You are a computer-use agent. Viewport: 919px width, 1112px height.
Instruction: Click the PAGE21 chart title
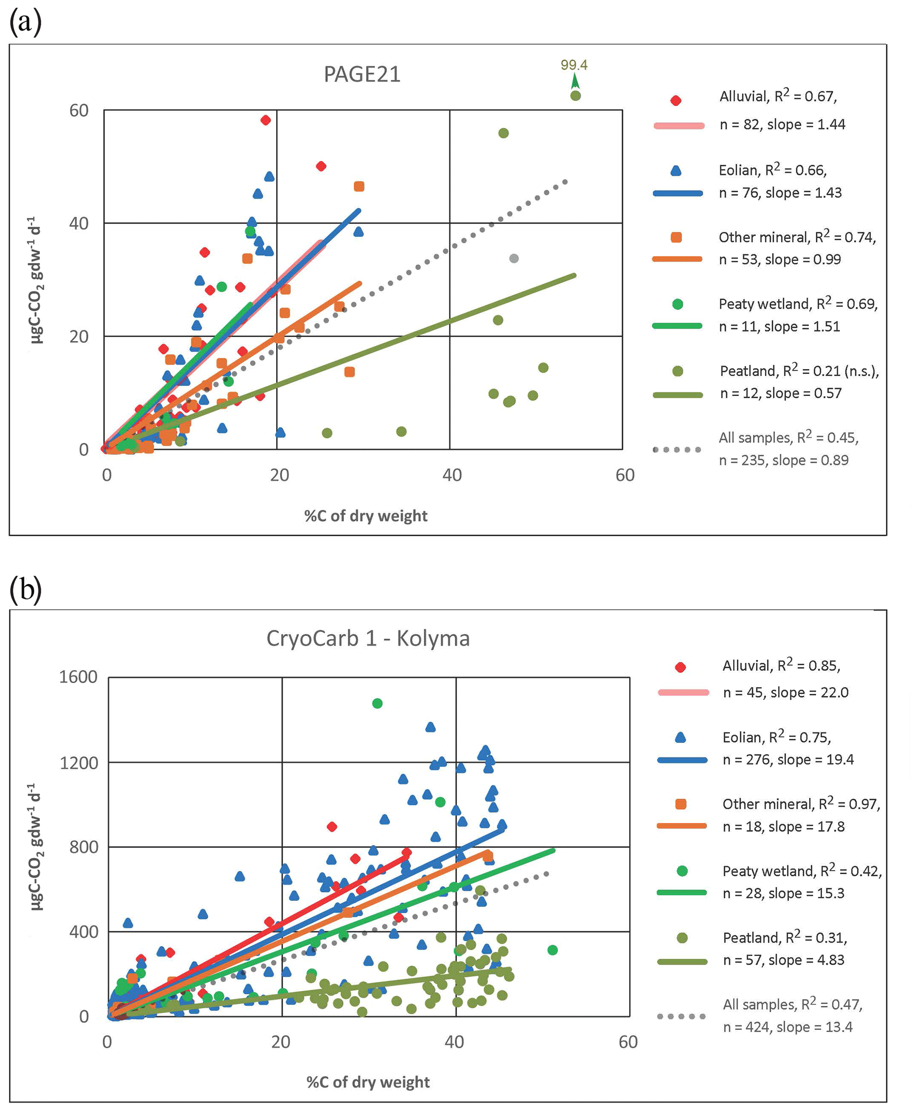[x=362, y=74]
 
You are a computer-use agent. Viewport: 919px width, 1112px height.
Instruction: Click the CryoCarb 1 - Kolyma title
[x=368, y=638]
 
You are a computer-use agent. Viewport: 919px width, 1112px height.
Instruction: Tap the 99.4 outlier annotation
[x=574, y=65]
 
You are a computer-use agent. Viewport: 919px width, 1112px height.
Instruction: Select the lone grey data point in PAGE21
[x=514, y=258]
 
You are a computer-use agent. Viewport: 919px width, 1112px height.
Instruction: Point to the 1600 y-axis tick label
[x=78, y=676]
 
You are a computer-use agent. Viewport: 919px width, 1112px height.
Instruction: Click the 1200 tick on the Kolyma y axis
[x=78, y=763]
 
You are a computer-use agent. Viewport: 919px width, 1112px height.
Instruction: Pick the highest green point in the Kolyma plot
[x=377, y=704]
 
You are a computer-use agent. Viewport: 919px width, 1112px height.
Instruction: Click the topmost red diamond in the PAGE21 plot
[x=266, y=120]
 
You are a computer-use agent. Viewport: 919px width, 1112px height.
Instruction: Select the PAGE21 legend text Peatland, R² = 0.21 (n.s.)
[x=799, y=371]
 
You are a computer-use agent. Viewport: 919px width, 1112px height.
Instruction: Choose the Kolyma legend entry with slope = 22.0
[x=786, y=692]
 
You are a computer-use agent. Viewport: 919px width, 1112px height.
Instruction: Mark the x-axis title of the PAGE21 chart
[x=366, y=516]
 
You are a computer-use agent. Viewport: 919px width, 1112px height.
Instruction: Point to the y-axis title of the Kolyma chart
[x=36, y=846]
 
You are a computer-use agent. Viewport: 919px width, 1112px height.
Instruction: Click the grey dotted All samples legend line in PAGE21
[x=677, y=449]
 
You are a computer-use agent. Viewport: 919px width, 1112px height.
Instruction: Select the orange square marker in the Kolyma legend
[x=681, y=804]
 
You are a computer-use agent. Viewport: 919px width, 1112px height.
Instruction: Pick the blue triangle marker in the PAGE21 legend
[x=676, y=170]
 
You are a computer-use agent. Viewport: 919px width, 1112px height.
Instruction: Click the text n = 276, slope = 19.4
[x=788, y=760]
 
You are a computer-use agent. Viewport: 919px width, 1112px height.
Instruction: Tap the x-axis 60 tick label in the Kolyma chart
[x=628, y=1042]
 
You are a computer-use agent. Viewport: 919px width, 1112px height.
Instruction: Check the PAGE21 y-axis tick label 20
[x=79, y=336]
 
